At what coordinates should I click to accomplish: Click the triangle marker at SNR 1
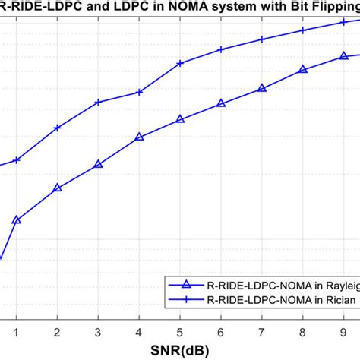16,220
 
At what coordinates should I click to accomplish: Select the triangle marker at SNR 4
139,137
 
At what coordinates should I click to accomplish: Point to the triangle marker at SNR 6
221,103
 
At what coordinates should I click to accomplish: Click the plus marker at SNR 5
180,63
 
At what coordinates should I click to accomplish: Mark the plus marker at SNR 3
98,102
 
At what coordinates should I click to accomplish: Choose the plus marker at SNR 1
16,160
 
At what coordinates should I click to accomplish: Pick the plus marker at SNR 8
303,30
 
